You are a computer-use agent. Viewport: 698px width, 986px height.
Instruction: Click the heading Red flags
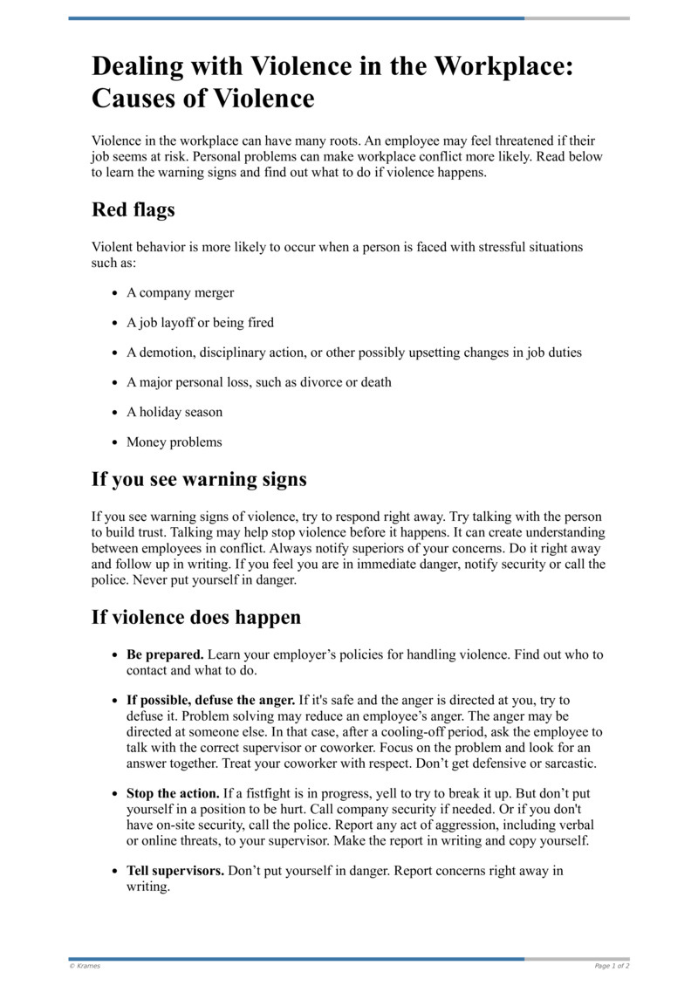[x=133, y=209]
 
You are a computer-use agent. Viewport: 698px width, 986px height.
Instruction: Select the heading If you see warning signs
[x=199, y=479]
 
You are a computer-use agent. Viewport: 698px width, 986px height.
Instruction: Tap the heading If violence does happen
[x=196, y=618]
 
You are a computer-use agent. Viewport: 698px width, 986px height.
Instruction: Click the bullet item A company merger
[x=180, y=293]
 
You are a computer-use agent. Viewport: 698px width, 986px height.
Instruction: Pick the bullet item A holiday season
[x=174, y=412]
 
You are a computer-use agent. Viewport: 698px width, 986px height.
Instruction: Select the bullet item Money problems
[x=174, y=442]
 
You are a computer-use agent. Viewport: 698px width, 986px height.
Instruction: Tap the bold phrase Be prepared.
[x=165, y=654]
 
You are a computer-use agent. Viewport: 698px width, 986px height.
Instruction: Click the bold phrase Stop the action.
[x=173, y=793]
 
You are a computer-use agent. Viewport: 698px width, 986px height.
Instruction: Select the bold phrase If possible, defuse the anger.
[x=210, y=700]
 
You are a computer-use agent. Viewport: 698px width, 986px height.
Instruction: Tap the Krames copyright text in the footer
[x=85, y=966]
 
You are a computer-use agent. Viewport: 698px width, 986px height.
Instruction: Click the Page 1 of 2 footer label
[x=612, y=966]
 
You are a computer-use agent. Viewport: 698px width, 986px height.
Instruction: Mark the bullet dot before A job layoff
[x=114, y=324]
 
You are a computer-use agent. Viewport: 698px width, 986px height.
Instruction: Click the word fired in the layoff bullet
[x=260, y=323]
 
